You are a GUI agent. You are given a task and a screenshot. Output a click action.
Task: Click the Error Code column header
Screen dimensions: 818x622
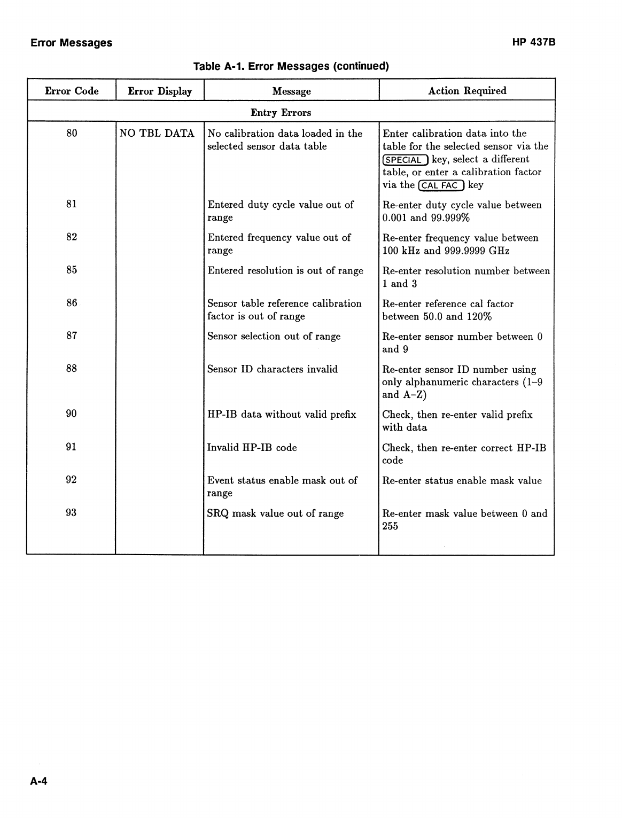pos(72,91)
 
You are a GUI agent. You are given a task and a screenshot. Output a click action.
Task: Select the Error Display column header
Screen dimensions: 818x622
pos(160,91)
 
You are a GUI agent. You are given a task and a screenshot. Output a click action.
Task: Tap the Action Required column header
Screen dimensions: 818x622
pos(467,91)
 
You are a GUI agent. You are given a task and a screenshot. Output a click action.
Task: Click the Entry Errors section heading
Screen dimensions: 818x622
pos(281,113)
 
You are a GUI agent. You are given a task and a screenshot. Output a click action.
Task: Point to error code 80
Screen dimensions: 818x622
pos(72,133)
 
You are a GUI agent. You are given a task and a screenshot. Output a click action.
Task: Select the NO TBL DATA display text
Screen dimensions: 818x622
pos(157,134)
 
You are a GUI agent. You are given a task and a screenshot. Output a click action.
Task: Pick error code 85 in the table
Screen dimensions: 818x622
pos(72,270)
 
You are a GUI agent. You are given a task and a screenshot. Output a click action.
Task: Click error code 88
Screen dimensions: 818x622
pos(72,368)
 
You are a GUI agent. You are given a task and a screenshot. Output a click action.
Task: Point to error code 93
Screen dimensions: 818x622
pos(71,512)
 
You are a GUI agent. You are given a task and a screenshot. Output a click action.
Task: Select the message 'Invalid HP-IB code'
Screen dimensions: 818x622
pos(252,448)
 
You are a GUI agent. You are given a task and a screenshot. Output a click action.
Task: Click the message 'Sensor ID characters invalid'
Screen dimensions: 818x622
pos(273,369)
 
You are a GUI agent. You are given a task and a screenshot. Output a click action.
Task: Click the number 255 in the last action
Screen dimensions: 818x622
pos(390,526)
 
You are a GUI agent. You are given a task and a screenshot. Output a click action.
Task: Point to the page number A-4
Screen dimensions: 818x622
pos(39,782)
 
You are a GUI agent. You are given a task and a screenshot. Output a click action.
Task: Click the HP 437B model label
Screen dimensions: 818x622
pos(534,42)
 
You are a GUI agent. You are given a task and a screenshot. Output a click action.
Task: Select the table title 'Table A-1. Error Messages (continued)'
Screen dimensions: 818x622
pos(291,66)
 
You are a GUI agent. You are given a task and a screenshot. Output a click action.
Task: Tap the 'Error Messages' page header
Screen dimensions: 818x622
pos(72,43)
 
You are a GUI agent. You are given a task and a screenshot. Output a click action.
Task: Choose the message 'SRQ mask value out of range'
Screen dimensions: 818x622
pos(275,513)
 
